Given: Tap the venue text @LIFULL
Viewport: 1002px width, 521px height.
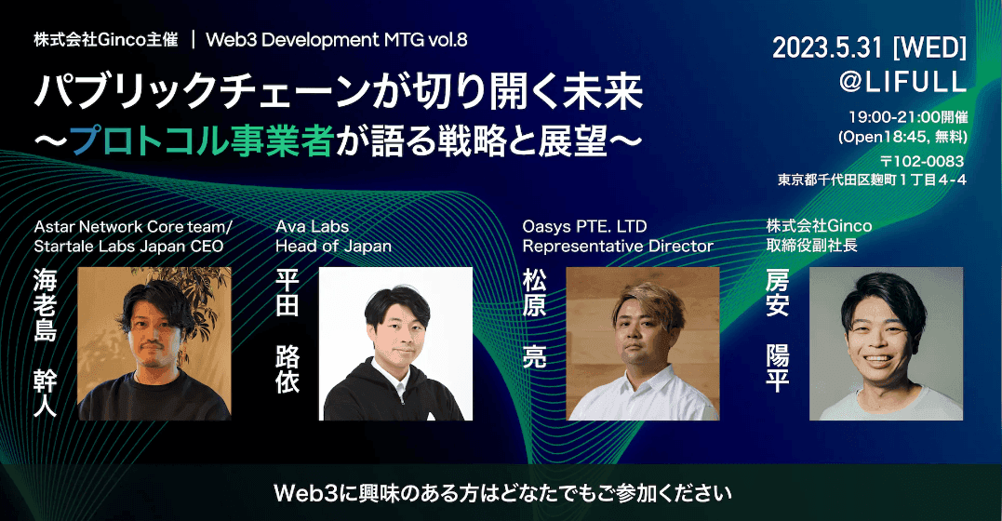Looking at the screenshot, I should pyautogui.click(x=902, y=82).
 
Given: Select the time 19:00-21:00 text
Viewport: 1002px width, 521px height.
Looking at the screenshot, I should pyautogui.click(x=889, y=118).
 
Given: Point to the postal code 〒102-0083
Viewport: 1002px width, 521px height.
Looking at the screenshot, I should pyautogui.click(x=921, y=161).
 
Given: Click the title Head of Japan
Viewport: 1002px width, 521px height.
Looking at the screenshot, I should pyautogui.click(x=333, y=247).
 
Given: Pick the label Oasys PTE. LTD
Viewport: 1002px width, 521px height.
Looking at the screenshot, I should pyautogui.click(x=584, y=225).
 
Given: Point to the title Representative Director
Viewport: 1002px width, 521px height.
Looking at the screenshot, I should pyautogui.click(x=617, y=247).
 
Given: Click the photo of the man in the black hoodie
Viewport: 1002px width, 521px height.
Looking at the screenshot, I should pyautogui.click(x=395, y=344).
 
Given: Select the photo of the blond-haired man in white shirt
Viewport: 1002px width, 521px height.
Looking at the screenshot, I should pyautogui.click(x=642, y=344).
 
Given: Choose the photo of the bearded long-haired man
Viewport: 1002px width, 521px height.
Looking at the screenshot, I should pyautogui.click(x=154, y=344).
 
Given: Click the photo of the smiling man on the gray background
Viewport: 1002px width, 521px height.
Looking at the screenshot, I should pyautogui.click(x=886, y=344).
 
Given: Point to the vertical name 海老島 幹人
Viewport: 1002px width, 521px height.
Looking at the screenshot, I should pyautogui.click(x=46, y=341).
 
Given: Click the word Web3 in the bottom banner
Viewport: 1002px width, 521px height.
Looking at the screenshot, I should pyautogui.click(x=301, y=490).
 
